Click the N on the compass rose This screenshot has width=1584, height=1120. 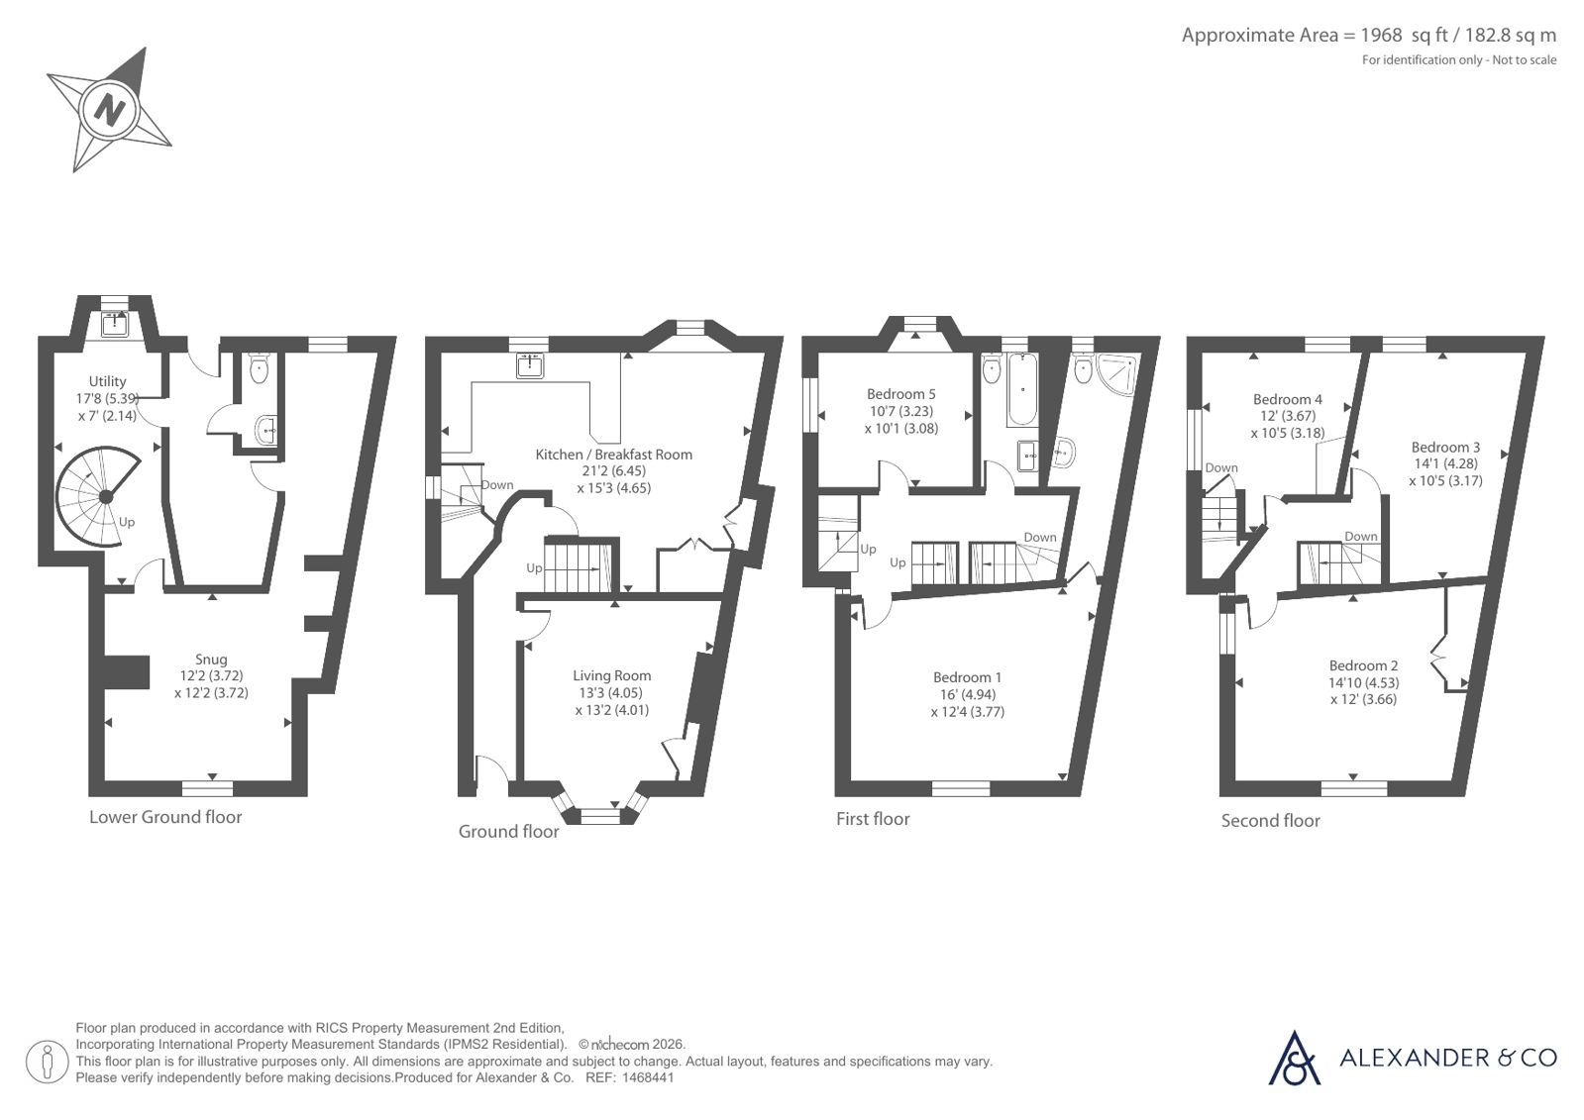click(x=110, y=111)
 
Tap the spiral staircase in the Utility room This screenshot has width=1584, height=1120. click(x=99, y=496)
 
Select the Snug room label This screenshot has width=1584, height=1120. click(x=211, y=659)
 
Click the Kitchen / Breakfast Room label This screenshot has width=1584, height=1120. click(x=614, y=455)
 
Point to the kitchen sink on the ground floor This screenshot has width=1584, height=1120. click(x=530, y=366)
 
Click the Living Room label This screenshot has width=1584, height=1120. click(x=611, y=676)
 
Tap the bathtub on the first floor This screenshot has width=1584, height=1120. click(x=1021, y=389)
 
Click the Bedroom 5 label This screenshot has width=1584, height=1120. click(x=901, y=394)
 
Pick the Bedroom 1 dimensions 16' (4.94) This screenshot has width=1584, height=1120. click(x=968, y=694)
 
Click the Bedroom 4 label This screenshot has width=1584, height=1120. click(x=1288, y=399)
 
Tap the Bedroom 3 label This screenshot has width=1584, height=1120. click(x=1445, y=447)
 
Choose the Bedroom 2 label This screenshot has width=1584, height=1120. click(x=1363, y=665)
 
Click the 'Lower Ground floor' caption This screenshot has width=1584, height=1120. click(x=165, y=817)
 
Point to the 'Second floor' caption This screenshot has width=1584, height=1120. click(x=1271, y=820)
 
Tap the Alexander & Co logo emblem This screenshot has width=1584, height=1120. click(x=1294, y=1059)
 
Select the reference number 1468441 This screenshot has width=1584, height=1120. click(x=648, y=1078)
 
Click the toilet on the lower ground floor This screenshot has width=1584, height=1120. click(x=259, y=368)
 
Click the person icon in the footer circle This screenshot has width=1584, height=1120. click(x=48, y=1062)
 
